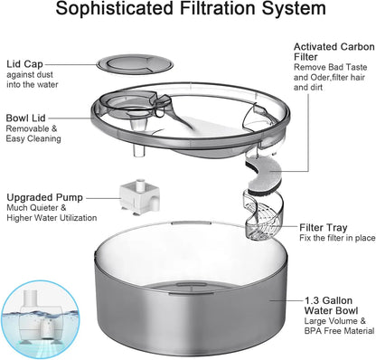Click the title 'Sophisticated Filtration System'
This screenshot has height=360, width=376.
[x=187, y=11]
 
